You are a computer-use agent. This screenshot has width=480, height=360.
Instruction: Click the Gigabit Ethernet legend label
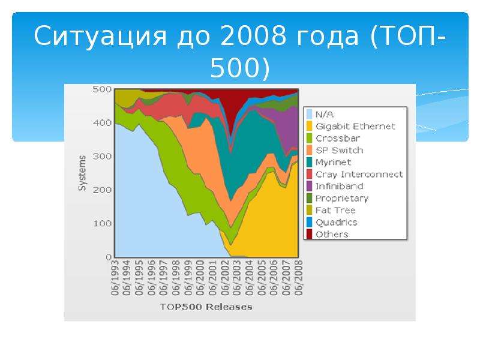pyautogui.click(x=355, y=127)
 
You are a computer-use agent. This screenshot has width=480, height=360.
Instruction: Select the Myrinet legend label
pyautogui.click(x=333, y=162)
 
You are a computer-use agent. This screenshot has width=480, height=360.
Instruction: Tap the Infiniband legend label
pyautogui.click(x=339, y=186)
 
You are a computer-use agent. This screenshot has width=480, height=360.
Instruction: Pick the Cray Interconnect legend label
pyautogui.click(x=359, y=174)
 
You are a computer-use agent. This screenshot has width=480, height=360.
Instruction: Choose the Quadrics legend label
pyautogui.click(x=336, y=222)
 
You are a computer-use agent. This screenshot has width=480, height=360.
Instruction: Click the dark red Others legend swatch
pyautogui.click(x=309, y=234)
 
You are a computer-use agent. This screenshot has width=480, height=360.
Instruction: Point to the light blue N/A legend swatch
pyautogui.click(x=309, y=114)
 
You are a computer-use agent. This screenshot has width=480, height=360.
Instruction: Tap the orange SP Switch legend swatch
pyautogui.click(x=309, y=151)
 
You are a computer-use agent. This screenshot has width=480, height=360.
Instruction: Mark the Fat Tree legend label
pyautogui.click(x=335, y=211)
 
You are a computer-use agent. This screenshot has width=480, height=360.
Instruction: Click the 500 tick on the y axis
pyautogui.click(x=102, y=89)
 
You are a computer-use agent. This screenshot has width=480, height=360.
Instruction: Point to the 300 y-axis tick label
pyautogui.click(x=102, y=157)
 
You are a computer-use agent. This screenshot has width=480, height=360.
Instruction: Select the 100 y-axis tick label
pyautogui.click(x=102, y=223)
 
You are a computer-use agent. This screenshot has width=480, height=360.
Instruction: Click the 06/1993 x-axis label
pyautogui.click(x=115, y=278)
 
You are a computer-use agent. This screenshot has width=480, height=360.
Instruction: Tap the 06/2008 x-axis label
pyautogui.click(x=298, y=278)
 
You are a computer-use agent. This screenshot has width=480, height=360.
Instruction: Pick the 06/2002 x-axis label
pyautogui.click(x=225, y=278)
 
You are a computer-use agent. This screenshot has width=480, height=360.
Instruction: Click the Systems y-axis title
pyautogui.click(x=82, y=173)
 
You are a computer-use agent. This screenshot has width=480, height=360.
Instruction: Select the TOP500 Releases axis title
pyautogui.click(x=206, y=307)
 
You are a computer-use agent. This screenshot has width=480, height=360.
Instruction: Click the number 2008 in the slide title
pyautogui.click(x=253, y=36)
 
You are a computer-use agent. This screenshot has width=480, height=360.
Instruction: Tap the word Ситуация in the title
pyautogui.click(x=100, y=37)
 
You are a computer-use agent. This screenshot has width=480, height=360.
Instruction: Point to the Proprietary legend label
pyautogui.click(x=342, y=199)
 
